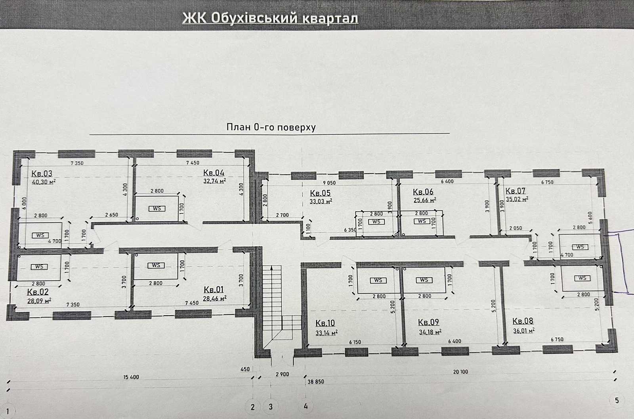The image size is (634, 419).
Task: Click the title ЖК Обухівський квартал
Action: click(270, 18)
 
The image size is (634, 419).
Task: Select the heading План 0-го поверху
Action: click(271, 127)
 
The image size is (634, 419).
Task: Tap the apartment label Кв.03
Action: click(42, 173)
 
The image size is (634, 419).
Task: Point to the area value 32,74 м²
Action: click(214, 181)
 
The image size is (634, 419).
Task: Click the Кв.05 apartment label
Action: click(321, 193)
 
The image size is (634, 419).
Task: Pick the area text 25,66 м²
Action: click(424, 200)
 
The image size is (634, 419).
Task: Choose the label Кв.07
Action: click(516, 191)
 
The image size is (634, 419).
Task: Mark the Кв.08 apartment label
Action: click(523, 321)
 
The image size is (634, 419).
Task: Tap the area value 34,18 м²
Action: click(430, 331)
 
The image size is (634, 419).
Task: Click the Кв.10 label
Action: click(325, 323)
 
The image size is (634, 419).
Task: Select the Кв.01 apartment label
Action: click(214, 289)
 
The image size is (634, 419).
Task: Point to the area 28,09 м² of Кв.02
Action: click(39, 300)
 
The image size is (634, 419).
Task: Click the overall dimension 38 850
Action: click(315, 382)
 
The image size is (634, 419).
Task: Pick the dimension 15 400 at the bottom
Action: click(131, 377)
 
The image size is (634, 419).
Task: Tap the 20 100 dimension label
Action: click(460, 372)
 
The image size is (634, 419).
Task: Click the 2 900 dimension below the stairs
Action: click(283, 374)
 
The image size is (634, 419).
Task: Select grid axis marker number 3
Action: click(271, 407)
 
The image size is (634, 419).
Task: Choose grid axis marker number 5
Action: click(617, 401)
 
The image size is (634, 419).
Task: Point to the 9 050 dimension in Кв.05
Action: click(329, 183)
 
